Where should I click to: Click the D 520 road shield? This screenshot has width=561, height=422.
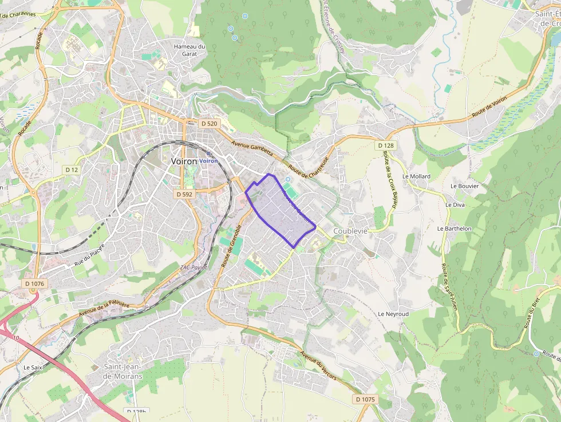(210, 124)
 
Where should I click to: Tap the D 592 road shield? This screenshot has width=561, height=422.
(184, 195)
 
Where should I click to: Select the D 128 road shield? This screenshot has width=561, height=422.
(386, 146)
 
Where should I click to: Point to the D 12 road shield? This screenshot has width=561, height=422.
(71, 170)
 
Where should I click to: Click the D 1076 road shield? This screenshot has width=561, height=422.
(35, 283)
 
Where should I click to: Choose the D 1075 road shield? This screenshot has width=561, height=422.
(365, 399)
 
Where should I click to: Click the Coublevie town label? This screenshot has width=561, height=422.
(350, 231)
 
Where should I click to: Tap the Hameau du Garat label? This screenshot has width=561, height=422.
(189, 50)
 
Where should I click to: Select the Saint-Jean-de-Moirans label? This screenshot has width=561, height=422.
(123, 371)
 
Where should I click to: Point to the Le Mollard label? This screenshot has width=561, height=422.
(416, 176)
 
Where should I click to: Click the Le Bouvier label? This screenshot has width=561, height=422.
(464, 186)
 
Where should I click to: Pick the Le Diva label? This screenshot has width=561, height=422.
(455, 204)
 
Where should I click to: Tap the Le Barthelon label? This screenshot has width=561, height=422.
(455, 228)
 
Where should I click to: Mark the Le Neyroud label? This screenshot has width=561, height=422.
(393, 314)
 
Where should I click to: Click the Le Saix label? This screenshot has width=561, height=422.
(33, 367)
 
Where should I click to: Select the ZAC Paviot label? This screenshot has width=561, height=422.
(193, 267)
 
